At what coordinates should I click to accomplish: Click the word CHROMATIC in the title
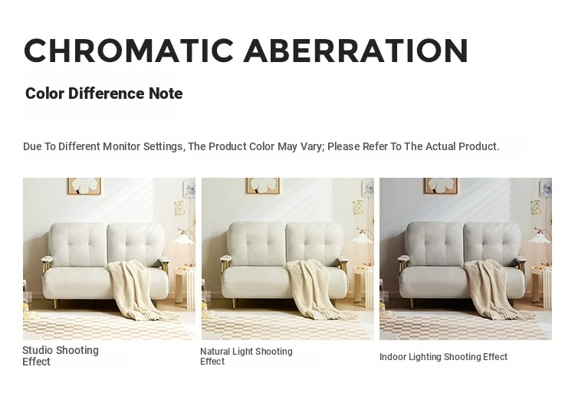click(129, 50)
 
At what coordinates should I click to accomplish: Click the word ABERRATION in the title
click(356, 50)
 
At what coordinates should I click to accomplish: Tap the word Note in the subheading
click(166, 93)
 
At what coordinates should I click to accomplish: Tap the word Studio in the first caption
click(38, 350)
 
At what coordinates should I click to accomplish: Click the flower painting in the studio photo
click(84, 186)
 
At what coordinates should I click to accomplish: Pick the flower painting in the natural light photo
click(262, 186)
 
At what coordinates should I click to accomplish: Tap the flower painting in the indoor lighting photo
click(440, 186)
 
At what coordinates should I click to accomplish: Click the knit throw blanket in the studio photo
click(137, 290)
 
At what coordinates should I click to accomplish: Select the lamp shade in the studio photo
click(182, 239)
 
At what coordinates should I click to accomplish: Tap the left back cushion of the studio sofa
click(78, 244)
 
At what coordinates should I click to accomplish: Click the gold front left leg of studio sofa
click(56, 303)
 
